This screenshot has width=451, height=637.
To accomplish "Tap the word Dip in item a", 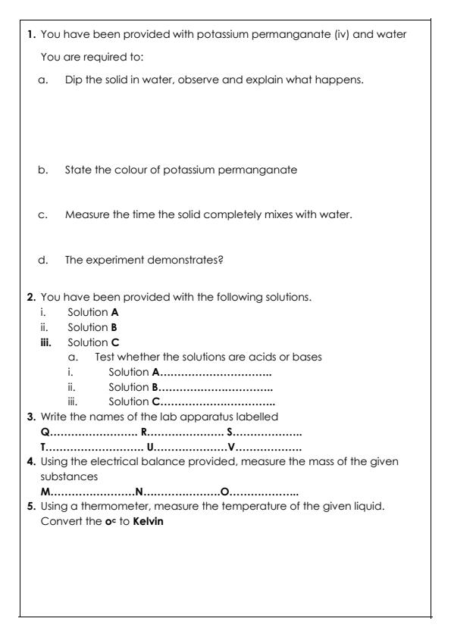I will pos(74,79).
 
